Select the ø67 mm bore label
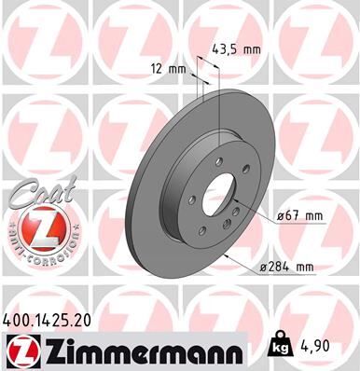(x=300, y=217)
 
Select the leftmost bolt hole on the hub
(x=192, y=198)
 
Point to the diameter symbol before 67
(x=280, y=217)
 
